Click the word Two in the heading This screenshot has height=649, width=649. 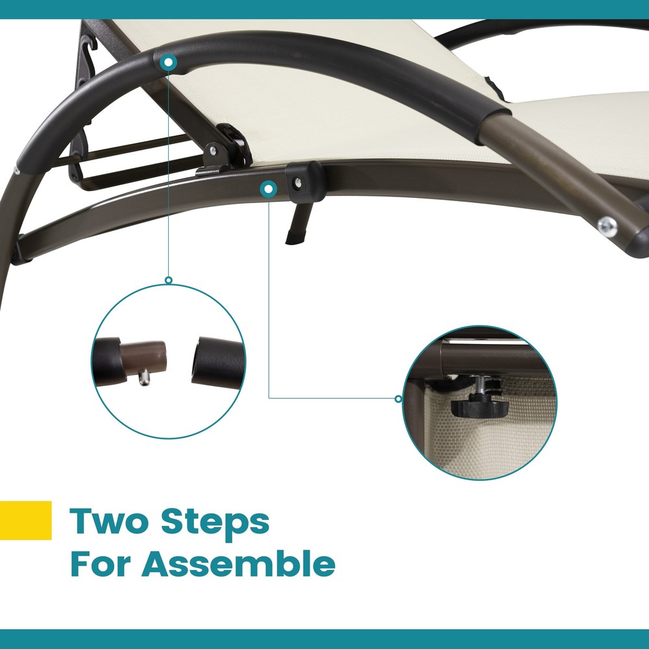click(x=108, y=520)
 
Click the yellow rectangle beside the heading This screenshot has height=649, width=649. click(x=26, y=520)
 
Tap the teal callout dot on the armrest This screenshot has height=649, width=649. click(x=169, y=63)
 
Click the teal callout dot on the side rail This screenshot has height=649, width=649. click(x=269, y=189)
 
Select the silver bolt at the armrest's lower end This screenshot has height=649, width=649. click(x=607, y=227)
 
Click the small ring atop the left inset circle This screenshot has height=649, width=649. click(x=169, y=280)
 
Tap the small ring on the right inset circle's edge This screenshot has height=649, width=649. click(x=398, y=399)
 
